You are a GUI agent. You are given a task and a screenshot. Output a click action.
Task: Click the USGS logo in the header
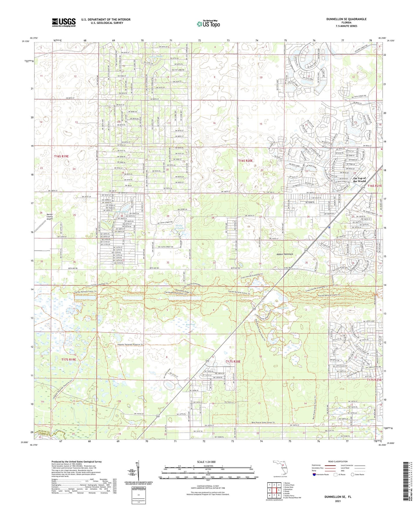[64, 22]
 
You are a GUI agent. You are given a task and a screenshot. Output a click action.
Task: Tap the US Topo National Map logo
[208, 24]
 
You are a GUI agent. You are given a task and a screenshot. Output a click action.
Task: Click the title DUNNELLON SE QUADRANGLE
[342, 19]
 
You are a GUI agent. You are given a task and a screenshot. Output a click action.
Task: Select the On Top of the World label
[359, 180]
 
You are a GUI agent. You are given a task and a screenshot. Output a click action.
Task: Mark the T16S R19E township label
[61, 156]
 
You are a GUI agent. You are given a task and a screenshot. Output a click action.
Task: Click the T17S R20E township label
[233, 362]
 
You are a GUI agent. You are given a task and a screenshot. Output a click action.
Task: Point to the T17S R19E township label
[68, 359]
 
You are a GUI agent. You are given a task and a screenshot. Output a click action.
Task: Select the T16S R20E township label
[246, 161]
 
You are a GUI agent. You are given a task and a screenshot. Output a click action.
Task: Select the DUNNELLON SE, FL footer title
[338, 497]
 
